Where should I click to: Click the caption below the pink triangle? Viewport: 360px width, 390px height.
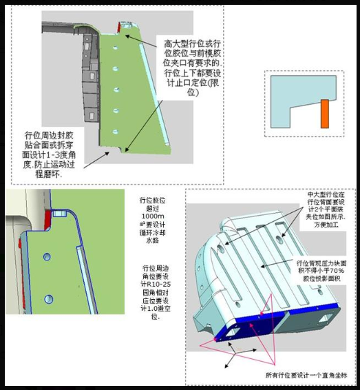tap(302, 375)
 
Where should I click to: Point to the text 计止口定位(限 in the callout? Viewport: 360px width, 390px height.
tap(182, 83)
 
